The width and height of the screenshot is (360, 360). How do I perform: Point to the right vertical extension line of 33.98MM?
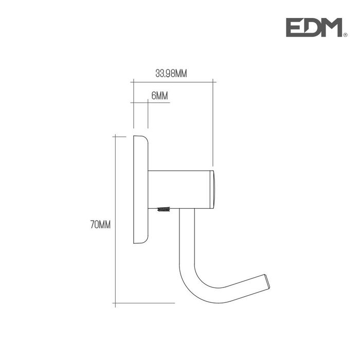click(x=213, y=123)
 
